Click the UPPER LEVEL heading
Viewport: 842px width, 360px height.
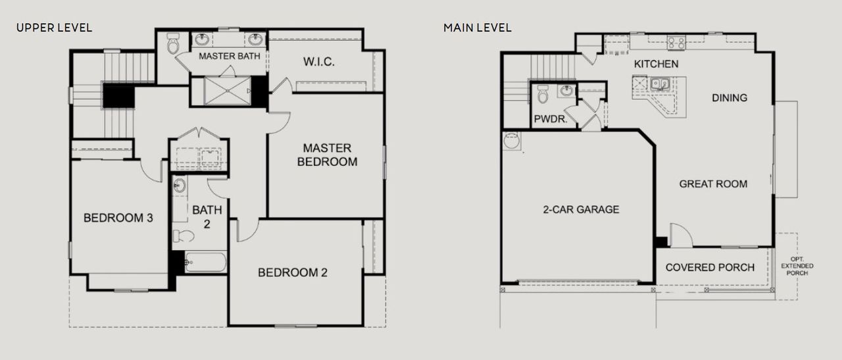click(x=54, y=28)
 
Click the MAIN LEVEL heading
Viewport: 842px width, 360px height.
click(x=477, y=28)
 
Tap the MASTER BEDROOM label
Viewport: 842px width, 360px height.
click(x=327, y=155)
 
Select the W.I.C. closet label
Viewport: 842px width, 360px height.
click(x=319, y=62)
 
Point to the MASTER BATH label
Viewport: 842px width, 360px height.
click(x=229, y=56)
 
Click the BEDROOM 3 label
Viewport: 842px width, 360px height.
click(x=118, y=218)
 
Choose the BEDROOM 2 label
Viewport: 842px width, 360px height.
click(x=292, y=272)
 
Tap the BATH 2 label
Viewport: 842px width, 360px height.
click(x=207, y=217)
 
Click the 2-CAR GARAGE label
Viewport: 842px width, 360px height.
click(x=581, y=209)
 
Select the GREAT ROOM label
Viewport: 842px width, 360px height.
click(x=713, y=184)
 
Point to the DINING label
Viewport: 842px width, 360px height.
click(x=730, y=97)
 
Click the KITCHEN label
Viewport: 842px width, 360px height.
click(x=656, y=64)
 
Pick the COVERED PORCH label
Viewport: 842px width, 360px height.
click(x=710, y=267)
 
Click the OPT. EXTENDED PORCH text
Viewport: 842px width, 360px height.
click(x=797, y=266)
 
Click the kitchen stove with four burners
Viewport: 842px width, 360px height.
click(x=676, y=43)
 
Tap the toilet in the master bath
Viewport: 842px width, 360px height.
click(x=173, y=45)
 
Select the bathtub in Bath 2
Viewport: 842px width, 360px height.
click(x=207, y=263)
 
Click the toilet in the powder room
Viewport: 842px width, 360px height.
click(x=543, y=95)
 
